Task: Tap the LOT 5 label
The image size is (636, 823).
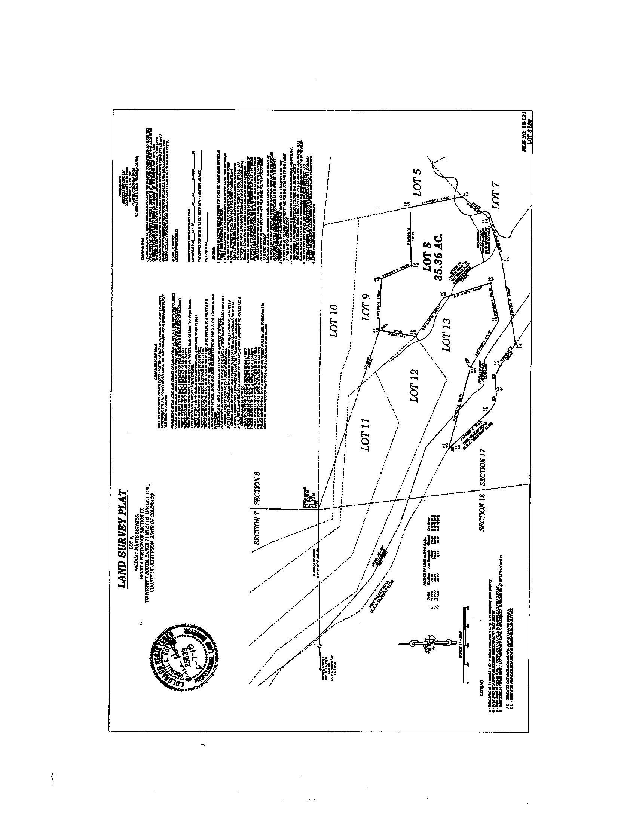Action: coord(419,181)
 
